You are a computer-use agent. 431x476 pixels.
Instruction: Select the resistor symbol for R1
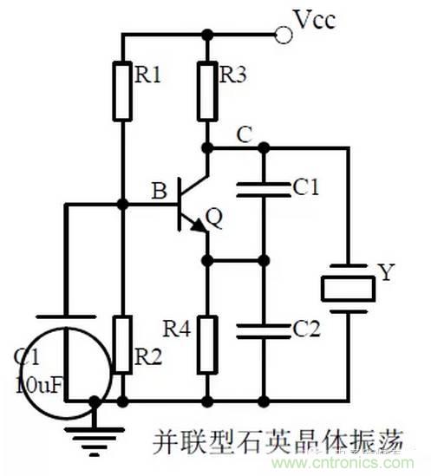click(123, 89)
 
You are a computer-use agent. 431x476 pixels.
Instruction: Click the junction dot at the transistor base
click(123, 205)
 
